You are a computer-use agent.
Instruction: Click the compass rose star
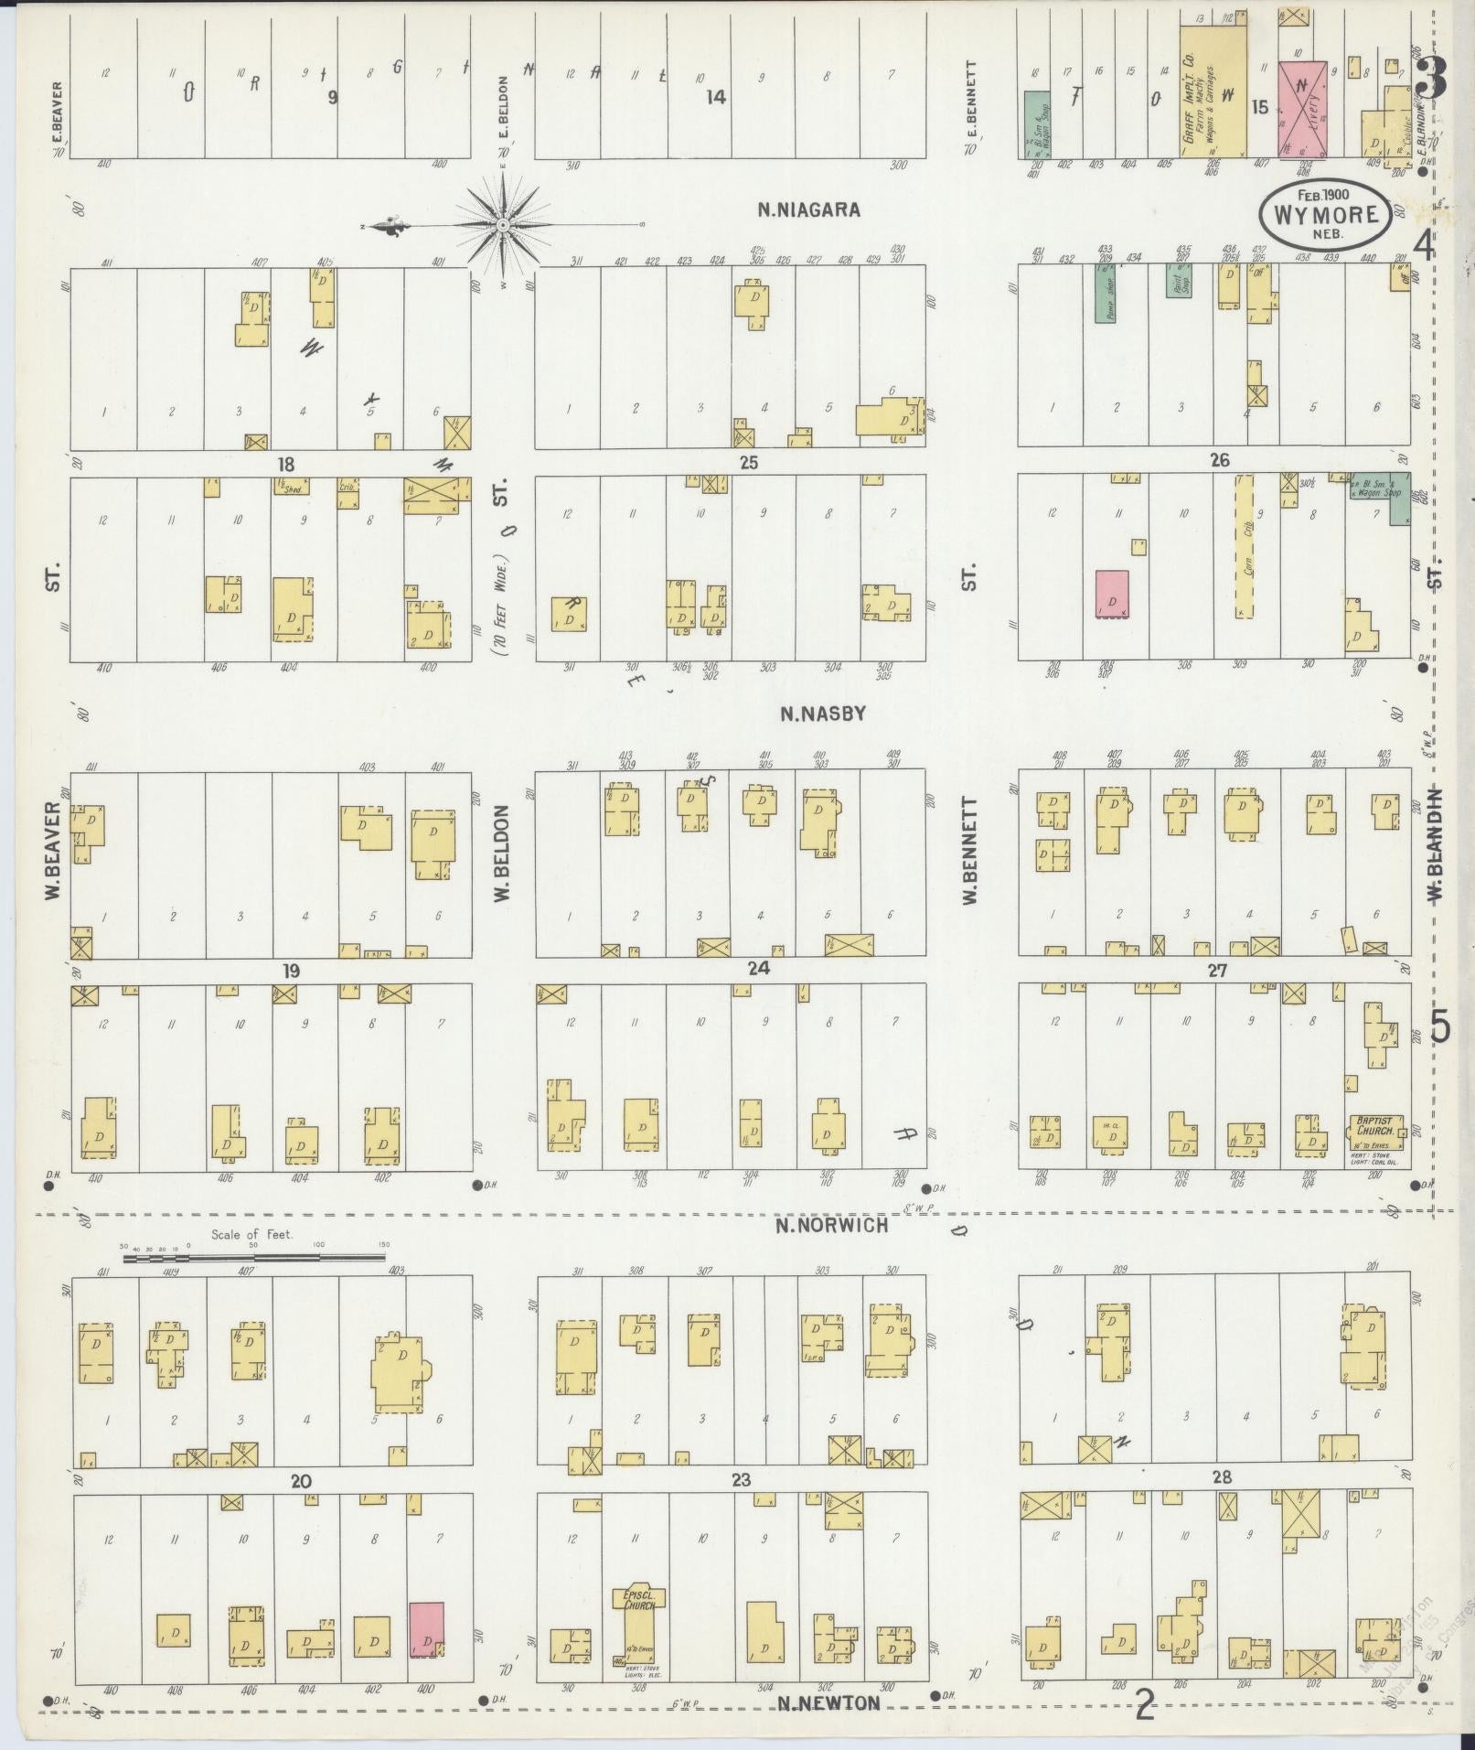503,224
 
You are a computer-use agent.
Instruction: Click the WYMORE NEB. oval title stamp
1325,213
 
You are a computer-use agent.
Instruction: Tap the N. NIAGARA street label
808,209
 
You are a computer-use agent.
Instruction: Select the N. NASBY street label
822,714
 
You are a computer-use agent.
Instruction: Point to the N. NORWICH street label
831,1225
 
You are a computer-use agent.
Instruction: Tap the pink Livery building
1302,110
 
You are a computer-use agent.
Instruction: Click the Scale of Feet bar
254,1258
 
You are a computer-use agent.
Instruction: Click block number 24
757,969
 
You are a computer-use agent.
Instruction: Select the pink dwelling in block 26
1112,594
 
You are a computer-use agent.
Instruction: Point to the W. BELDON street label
502,853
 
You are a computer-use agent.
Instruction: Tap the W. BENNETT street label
969,851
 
